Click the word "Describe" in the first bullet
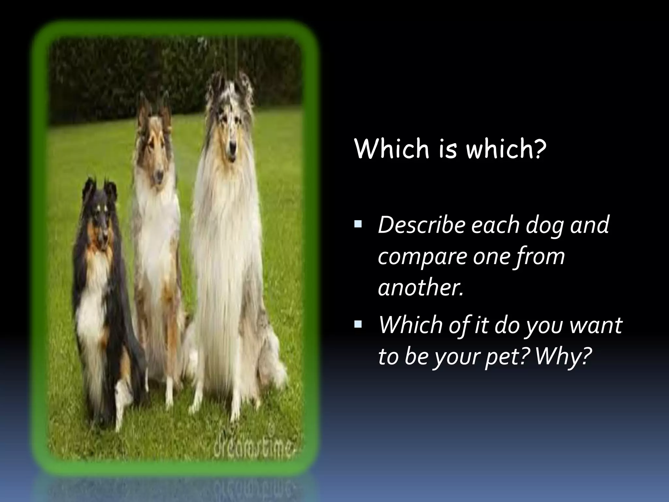point(421,226)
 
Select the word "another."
point(421,288)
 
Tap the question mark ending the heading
point(541,149)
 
